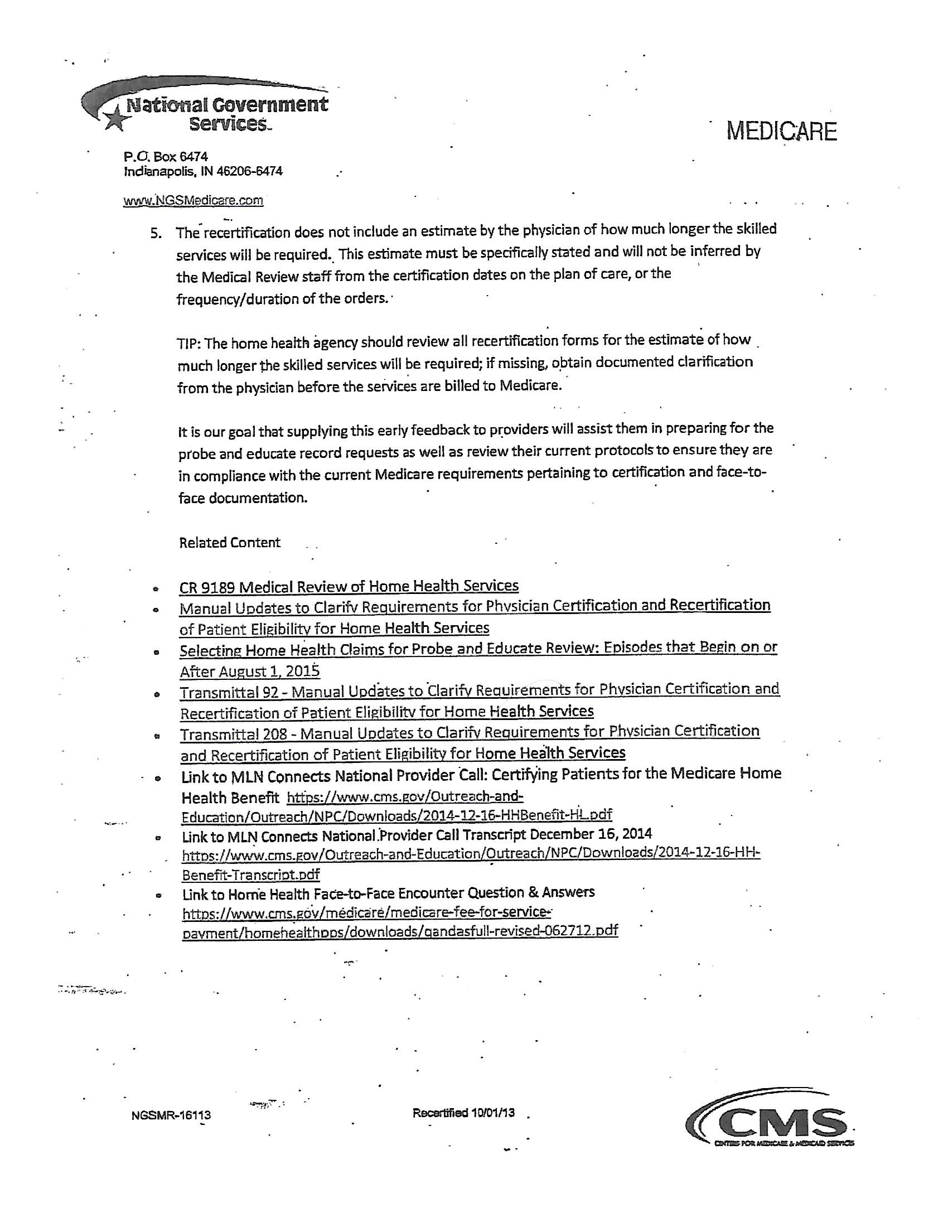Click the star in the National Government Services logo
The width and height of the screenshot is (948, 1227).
(x=114, y=119)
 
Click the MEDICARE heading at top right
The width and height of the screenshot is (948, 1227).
(x=781, y=132)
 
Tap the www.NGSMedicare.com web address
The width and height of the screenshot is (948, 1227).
(x=192, y=201)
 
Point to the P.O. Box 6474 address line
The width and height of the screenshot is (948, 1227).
(x=166, y=157)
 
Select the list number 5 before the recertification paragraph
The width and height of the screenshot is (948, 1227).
(x=156, y=233)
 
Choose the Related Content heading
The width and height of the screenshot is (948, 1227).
(x=229, y=543)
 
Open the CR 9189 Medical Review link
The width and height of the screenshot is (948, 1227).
(x=348, y=587)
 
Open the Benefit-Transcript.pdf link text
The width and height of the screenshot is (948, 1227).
(x=250, y=875)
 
